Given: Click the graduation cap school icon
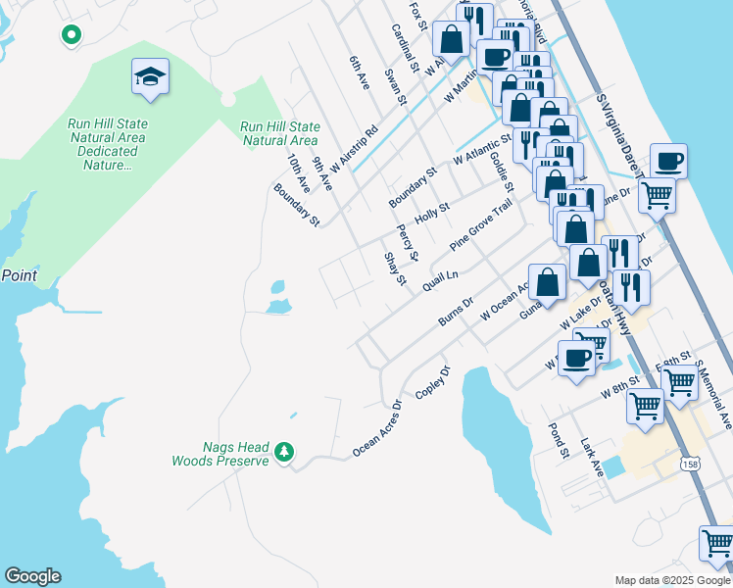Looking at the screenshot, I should (x=150, y=76).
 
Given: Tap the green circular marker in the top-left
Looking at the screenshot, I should (x=71, y=35).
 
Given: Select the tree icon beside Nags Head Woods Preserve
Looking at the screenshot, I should (x=284, y=451).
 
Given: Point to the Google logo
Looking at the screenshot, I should (x=32, y=576).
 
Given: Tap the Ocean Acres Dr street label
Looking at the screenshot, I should (x=377, y=429).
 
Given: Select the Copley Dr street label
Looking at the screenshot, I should (x=432, y=381).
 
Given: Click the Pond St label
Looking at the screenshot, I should (x=559, y=440).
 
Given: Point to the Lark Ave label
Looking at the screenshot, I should (x=591, y=458).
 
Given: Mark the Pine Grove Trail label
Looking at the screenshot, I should (x=481, y=224).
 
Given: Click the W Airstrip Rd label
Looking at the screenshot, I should (x=353, y=150).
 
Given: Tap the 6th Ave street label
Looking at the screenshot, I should (x=359, y=73).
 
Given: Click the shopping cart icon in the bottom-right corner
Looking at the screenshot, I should (x=717, y=543).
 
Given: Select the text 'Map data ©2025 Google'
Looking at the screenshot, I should (x=672, y=580).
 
